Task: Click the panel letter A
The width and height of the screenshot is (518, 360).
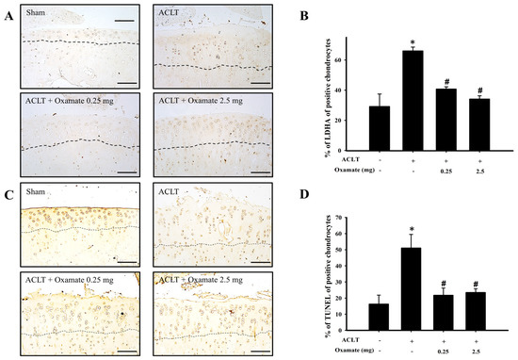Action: coord(8,13)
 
